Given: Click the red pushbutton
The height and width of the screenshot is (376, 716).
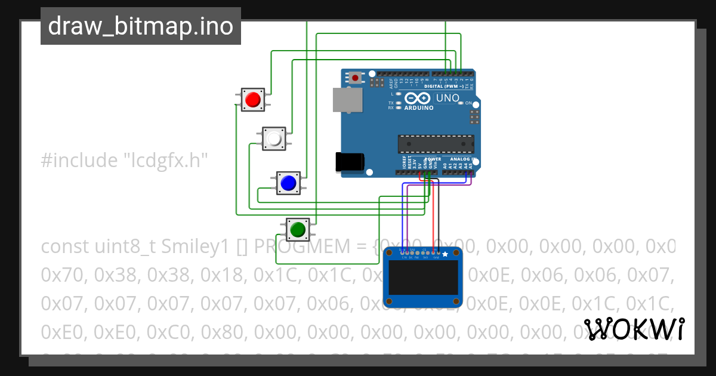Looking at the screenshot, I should click(x=253, y=99).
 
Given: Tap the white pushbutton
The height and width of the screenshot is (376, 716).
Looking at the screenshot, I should click(x=274, y=138).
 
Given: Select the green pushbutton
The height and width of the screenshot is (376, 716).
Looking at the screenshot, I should click(x=297, y=229).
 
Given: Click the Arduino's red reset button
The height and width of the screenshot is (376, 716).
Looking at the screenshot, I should click(x=356, y=78).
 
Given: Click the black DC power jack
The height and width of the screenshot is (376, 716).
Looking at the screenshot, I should click(x=350, y=162).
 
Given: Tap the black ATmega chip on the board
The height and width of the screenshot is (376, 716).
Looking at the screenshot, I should click(x=436, y=144).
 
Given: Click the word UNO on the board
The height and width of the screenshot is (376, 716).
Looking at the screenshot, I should click(x=447, y=98).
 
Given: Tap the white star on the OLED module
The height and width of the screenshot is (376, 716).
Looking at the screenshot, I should click(x=445, y=254).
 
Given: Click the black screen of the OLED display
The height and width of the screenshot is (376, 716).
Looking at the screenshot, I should click(x=422, y=278).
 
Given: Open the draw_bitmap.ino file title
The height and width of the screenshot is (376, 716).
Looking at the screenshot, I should click(x=141, y=26).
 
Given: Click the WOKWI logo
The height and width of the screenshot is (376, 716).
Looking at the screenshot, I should click(x=634, y=329).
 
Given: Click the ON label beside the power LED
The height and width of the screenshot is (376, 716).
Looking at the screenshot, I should click(x=468, y=103).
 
